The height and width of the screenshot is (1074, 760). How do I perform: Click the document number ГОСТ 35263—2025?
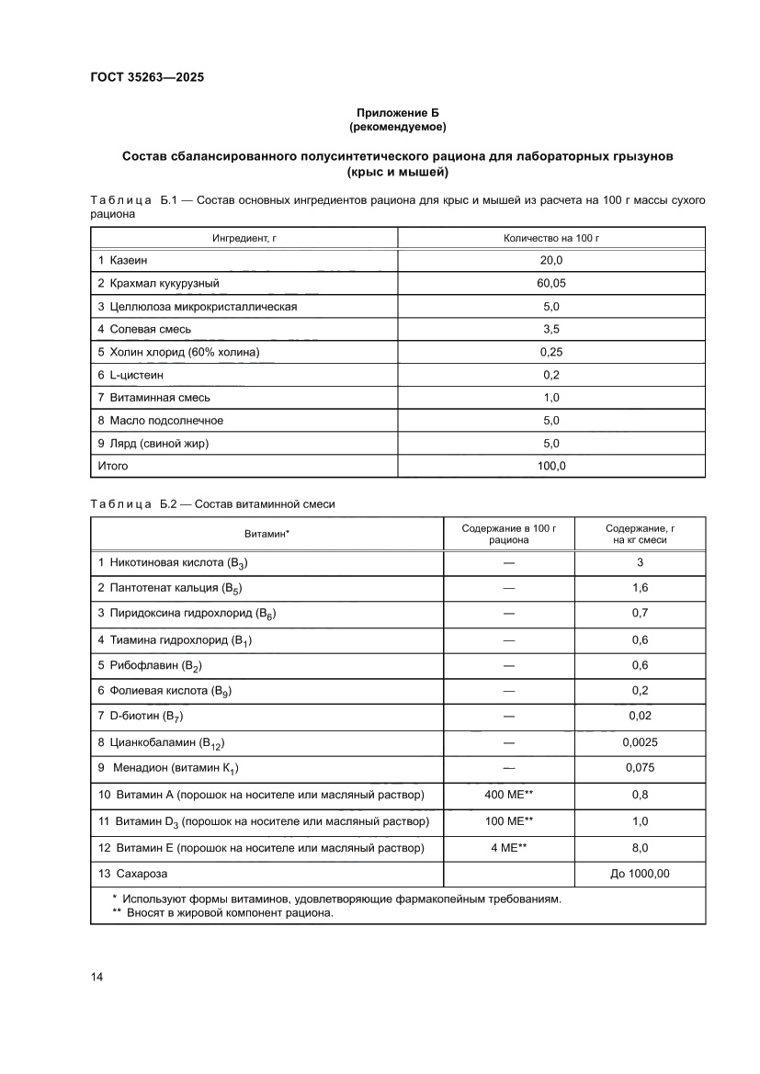tap(147, 78)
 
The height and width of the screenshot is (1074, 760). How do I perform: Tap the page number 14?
tap(96, 977)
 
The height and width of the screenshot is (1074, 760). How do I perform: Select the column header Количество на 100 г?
tap(551, 238)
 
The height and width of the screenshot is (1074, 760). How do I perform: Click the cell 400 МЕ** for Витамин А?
tap(508, 795)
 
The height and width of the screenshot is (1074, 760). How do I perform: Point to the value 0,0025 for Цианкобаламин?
tap(640, 742)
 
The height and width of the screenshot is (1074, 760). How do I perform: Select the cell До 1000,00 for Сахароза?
tap(640, 874)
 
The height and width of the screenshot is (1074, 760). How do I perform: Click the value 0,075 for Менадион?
tap(640, 768)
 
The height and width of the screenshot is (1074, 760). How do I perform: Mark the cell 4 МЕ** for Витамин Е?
tap(508, 847)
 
